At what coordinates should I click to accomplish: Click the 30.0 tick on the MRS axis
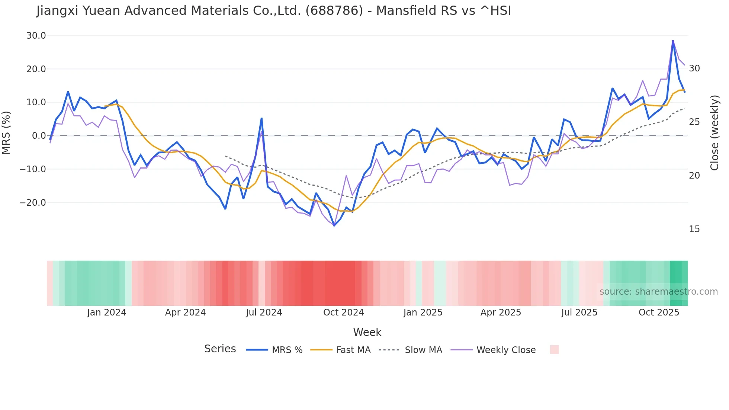[x=36, y=36]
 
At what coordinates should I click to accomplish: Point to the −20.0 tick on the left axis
[x=33, y=203]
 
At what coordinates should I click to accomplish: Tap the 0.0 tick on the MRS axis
[x=39, y=136]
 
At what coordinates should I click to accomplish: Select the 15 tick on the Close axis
[x=694, y=229]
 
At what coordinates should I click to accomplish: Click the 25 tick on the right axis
[x=694, y=122]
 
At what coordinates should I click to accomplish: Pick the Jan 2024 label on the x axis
[x=107, y=313]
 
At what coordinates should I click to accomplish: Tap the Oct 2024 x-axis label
[x=343, y=313]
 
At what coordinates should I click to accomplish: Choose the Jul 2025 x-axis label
[x=579, y=313]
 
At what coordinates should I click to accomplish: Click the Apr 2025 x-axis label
[x=501, y=313]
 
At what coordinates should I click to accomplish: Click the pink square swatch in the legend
[x=554, y=350]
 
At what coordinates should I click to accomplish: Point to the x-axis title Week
[x=367, y=332]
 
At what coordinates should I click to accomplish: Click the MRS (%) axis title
[x=6, y=133]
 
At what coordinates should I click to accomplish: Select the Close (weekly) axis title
[x=714, y=133]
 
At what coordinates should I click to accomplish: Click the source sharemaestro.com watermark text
[x=658, y=292]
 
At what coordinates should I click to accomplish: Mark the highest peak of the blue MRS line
[x=673, y=41]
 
